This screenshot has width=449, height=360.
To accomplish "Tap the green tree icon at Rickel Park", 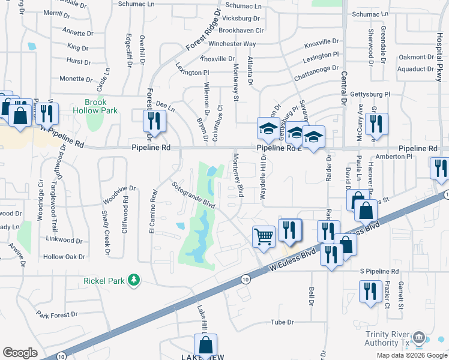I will (x=134, y=280).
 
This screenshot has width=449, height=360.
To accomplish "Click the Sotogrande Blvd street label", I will (x=193, y=195).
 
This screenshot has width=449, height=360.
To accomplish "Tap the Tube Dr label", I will (x=282, y=322).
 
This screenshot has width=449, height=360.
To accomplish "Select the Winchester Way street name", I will (x=232, y=44).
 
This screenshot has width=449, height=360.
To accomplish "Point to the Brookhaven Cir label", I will (x=241, y=30).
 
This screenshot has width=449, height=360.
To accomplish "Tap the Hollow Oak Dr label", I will (x=64, y=257).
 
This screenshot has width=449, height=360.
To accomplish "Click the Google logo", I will (x=20, y=353).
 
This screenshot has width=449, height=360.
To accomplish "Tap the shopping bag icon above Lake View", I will (x=205, y=345).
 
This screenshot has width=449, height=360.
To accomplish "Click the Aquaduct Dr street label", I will (x=420, y=69).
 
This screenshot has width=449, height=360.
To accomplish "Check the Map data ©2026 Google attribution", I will (x=411, y=355).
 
